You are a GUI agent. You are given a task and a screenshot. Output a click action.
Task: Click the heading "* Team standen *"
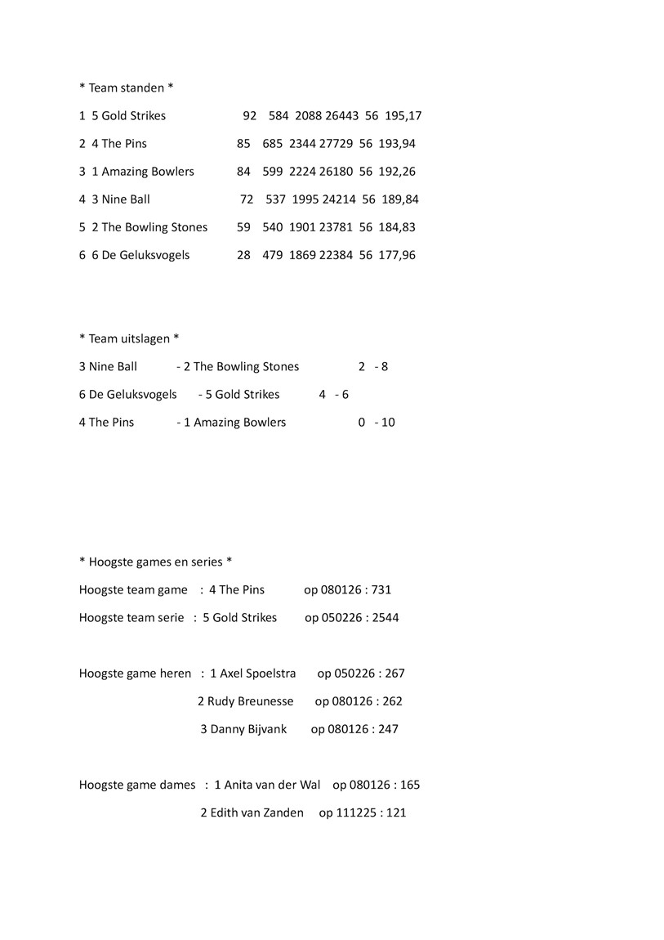(x=126, y=87)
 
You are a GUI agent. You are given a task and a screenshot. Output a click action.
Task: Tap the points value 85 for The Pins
(x=243, y=144)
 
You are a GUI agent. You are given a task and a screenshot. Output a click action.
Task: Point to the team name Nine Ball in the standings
(x=126, y=199)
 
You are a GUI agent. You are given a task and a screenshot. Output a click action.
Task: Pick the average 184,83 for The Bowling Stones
(x=397, y=227)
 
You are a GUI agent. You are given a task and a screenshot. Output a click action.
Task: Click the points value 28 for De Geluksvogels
(x=243, y=255)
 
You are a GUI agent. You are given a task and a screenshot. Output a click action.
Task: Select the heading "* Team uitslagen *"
(x=129, y=338)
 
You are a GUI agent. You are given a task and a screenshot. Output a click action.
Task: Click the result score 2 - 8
(x=373, y=366)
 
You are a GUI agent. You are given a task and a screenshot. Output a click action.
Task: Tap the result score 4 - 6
(x=334, y=394)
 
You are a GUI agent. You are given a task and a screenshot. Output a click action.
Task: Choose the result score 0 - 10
(x=377, y=423)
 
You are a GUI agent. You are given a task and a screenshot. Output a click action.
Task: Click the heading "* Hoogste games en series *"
(x=155, y=562)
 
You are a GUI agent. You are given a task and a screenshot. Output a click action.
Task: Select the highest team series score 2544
(x=385, y=617)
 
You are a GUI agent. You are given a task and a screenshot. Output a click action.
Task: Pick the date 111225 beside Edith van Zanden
(x=353, y=812)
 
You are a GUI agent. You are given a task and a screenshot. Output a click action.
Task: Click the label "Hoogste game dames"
(x=137, y=785)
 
